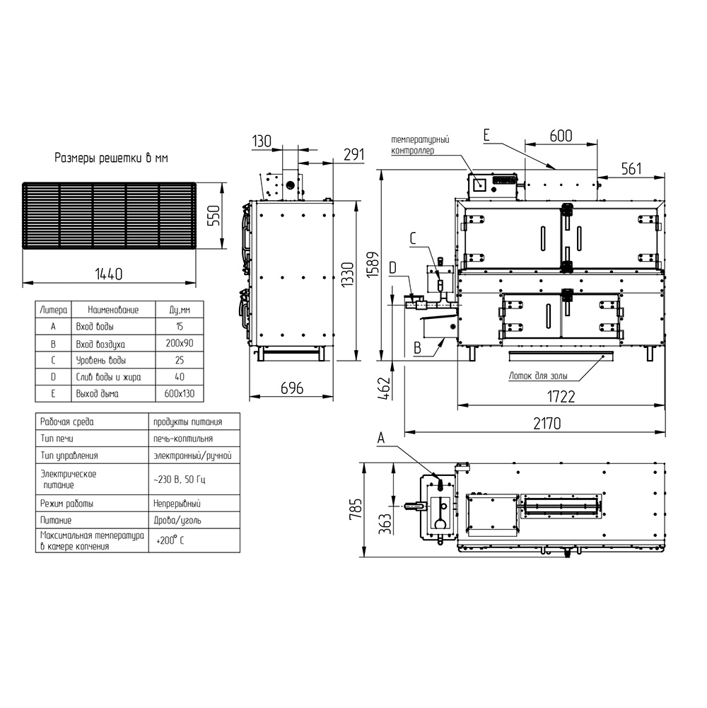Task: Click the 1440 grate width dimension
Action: (x=108, y=274)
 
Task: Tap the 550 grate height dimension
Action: (x=213, y=216)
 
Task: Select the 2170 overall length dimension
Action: (x=547, y=424)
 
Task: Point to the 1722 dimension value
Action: (x=561, y=397)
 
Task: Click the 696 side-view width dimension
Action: (x=292, y=388)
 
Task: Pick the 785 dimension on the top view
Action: (x=356, y=509)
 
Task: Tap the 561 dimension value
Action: (x=631, y=168)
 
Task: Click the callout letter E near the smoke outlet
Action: (x=486, y=136)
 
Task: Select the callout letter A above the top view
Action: (x=381, y=438)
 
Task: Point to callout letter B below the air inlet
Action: (x=418, y=348)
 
